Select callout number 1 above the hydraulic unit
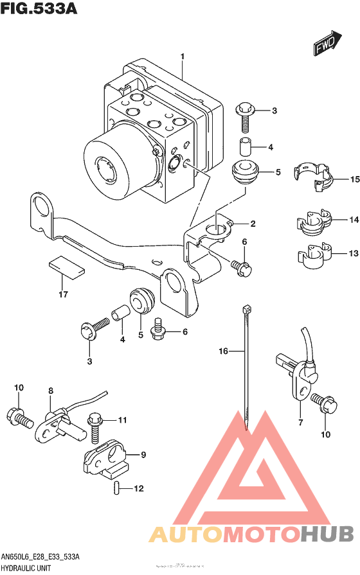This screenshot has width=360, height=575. coord(183,57)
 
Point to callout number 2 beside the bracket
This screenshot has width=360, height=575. coord(253,224)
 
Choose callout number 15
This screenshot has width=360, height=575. coord(354,179)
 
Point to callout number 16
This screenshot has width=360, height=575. coord(224,351)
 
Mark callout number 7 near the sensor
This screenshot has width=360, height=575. coord(300,422)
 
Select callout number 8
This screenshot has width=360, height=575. coord(50,390)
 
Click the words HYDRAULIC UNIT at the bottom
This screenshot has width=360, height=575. coord(26,569)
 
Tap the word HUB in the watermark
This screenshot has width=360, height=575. coord(327,534)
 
